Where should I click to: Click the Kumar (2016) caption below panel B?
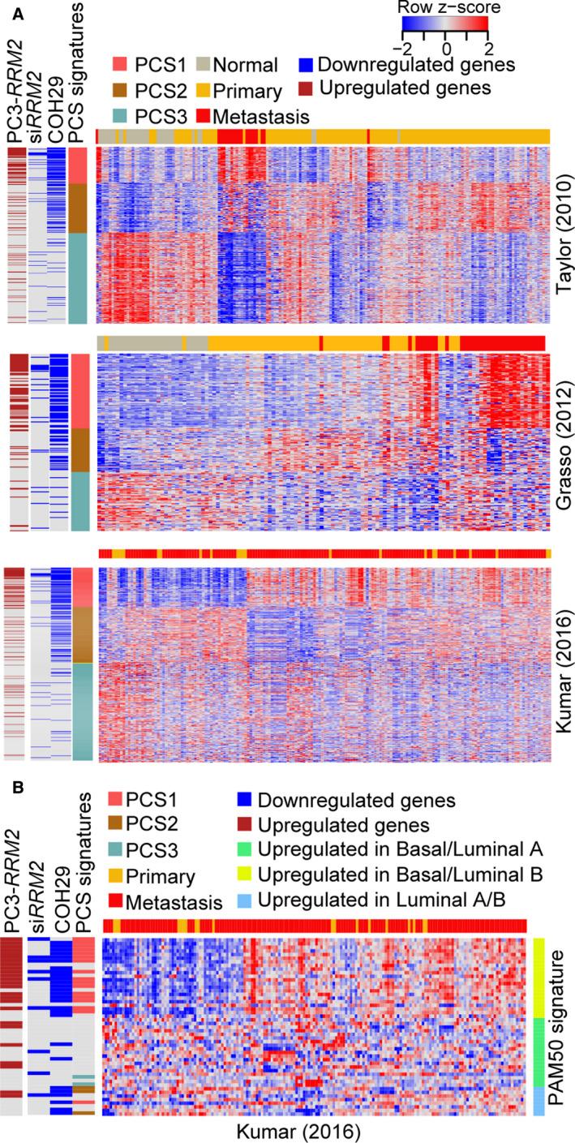point(315,1128)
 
